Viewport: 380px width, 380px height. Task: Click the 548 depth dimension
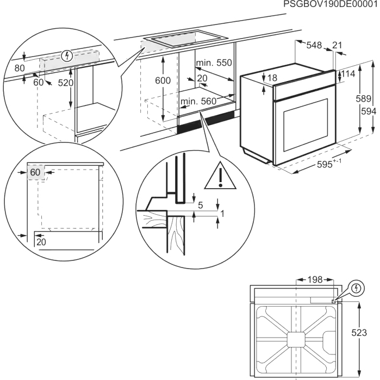[314, 45]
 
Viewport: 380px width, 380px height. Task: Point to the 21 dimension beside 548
[337, 45]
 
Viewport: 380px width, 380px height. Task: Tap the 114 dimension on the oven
[348, 73]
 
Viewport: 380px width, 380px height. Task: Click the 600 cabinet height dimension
[163, 80]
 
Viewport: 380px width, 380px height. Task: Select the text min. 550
[214, 63]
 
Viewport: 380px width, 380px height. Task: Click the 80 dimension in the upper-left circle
[20, 68]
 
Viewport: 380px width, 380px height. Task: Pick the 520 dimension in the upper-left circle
[65, 83]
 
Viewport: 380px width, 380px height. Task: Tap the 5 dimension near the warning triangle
[200, 205]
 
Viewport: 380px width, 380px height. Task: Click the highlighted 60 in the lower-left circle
[36, 172]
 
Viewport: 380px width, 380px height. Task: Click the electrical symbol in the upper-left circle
[67, 55]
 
